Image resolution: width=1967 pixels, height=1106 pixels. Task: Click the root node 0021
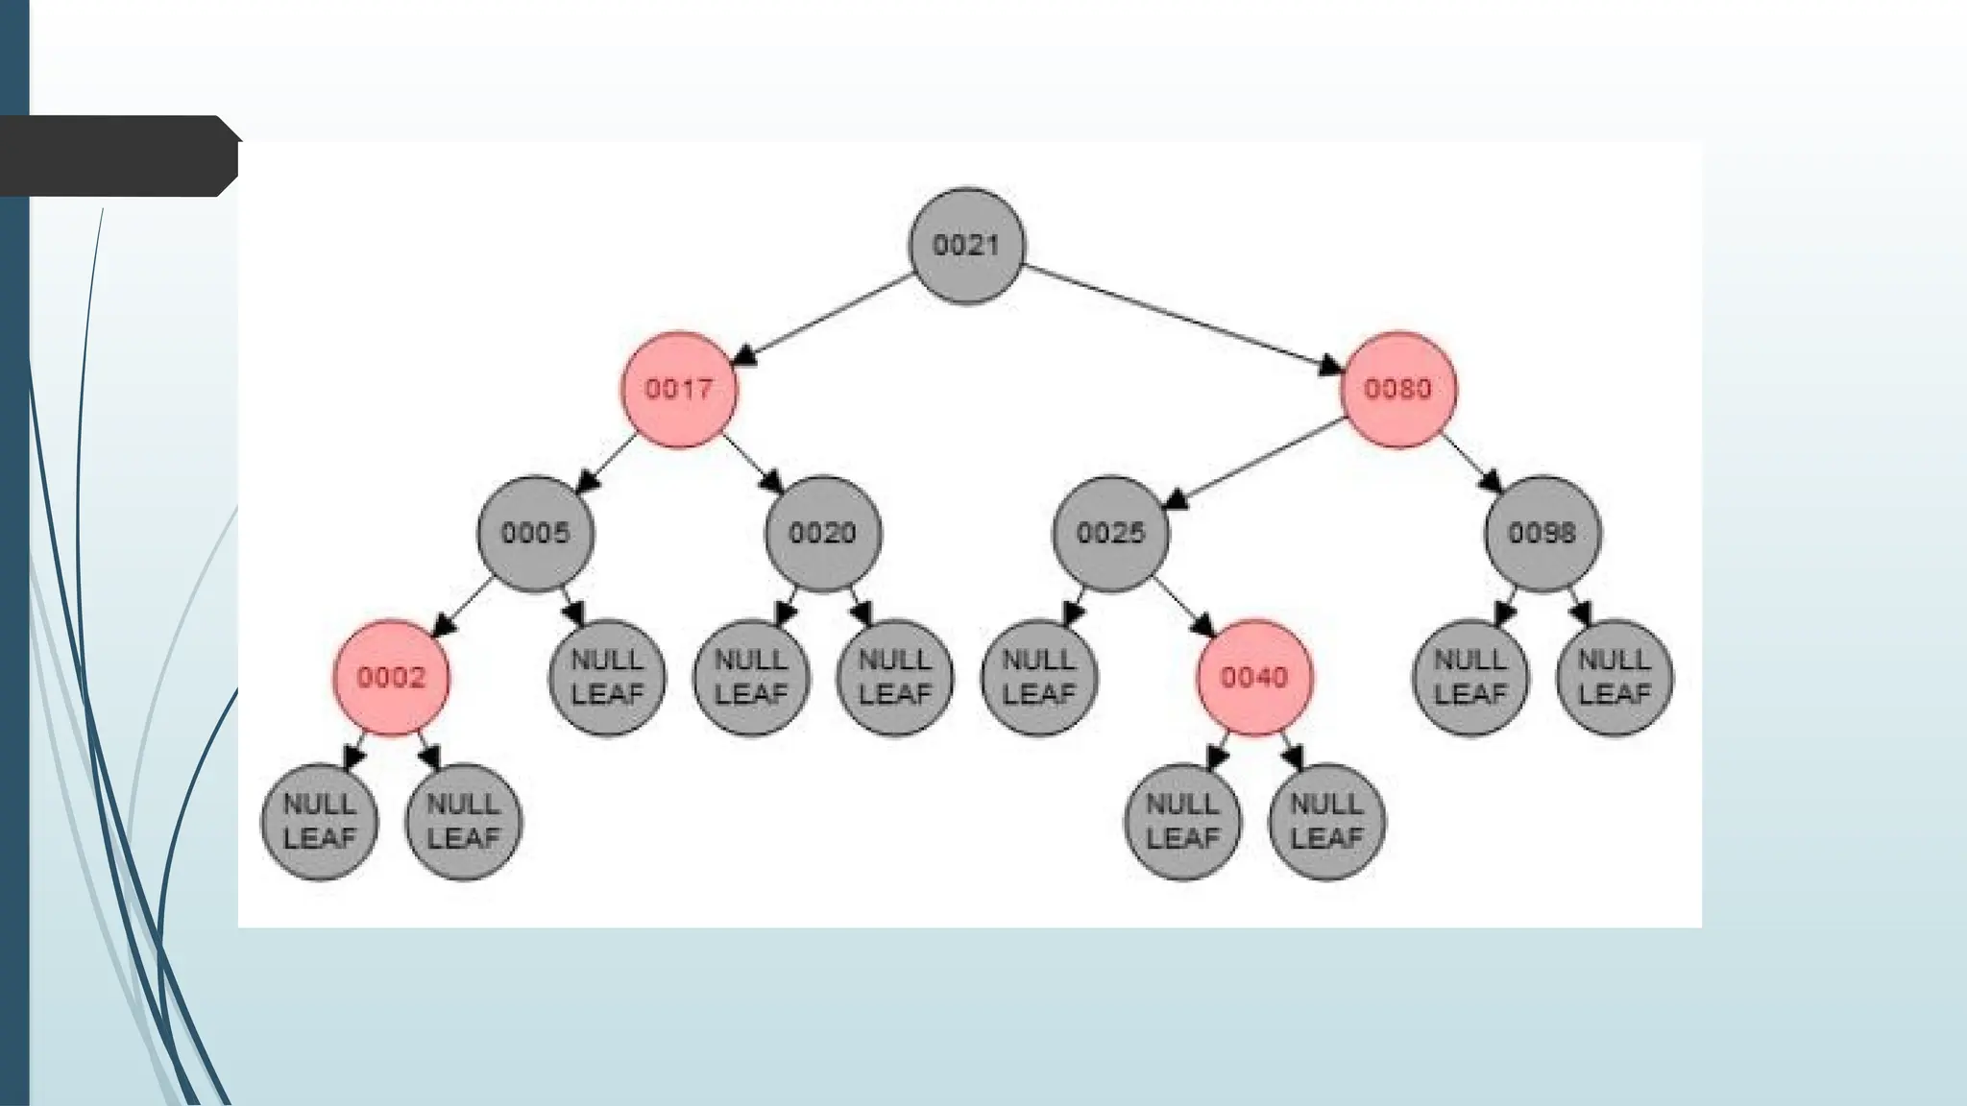point(966,246)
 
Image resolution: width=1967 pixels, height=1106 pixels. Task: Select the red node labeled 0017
point(679,389)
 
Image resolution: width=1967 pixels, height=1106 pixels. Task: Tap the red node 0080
point(1398,389)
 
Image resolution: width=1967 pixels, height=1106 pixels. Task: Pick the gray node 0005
point(536,533)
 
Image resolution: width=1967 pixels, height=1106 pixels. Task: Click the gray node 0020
point(823,533)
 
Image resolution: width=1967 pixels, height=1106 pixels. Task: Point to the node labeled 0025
point(1111,533)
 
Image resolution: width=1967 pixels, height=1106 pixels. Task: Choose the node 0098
point(1542,533)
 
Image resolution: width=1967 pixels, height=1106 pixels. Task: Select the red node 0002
point(391,677)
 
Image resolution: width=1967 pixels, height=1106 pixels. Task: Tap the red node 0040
point(1254,677)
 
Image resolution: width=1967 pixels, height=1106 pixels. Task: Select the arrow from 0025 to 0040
point(1185,607)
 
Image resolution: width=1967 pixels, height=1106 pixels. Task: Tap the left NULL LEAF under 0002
point(319,821)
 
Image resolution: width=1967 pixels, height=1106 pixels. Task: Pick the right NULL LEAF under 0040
point(1326,821)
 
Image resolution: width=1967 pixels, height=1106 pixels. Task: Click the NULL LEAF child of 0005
point(607,677)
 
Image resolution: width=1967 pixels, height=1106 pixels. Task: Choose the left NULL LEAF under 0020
point(751,677)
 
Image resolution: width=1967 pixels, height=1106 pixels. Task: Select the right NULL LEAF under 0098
point(1615,677)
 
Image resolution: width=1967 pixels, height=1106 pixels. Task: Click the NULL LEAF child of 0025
point(1039,677)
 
